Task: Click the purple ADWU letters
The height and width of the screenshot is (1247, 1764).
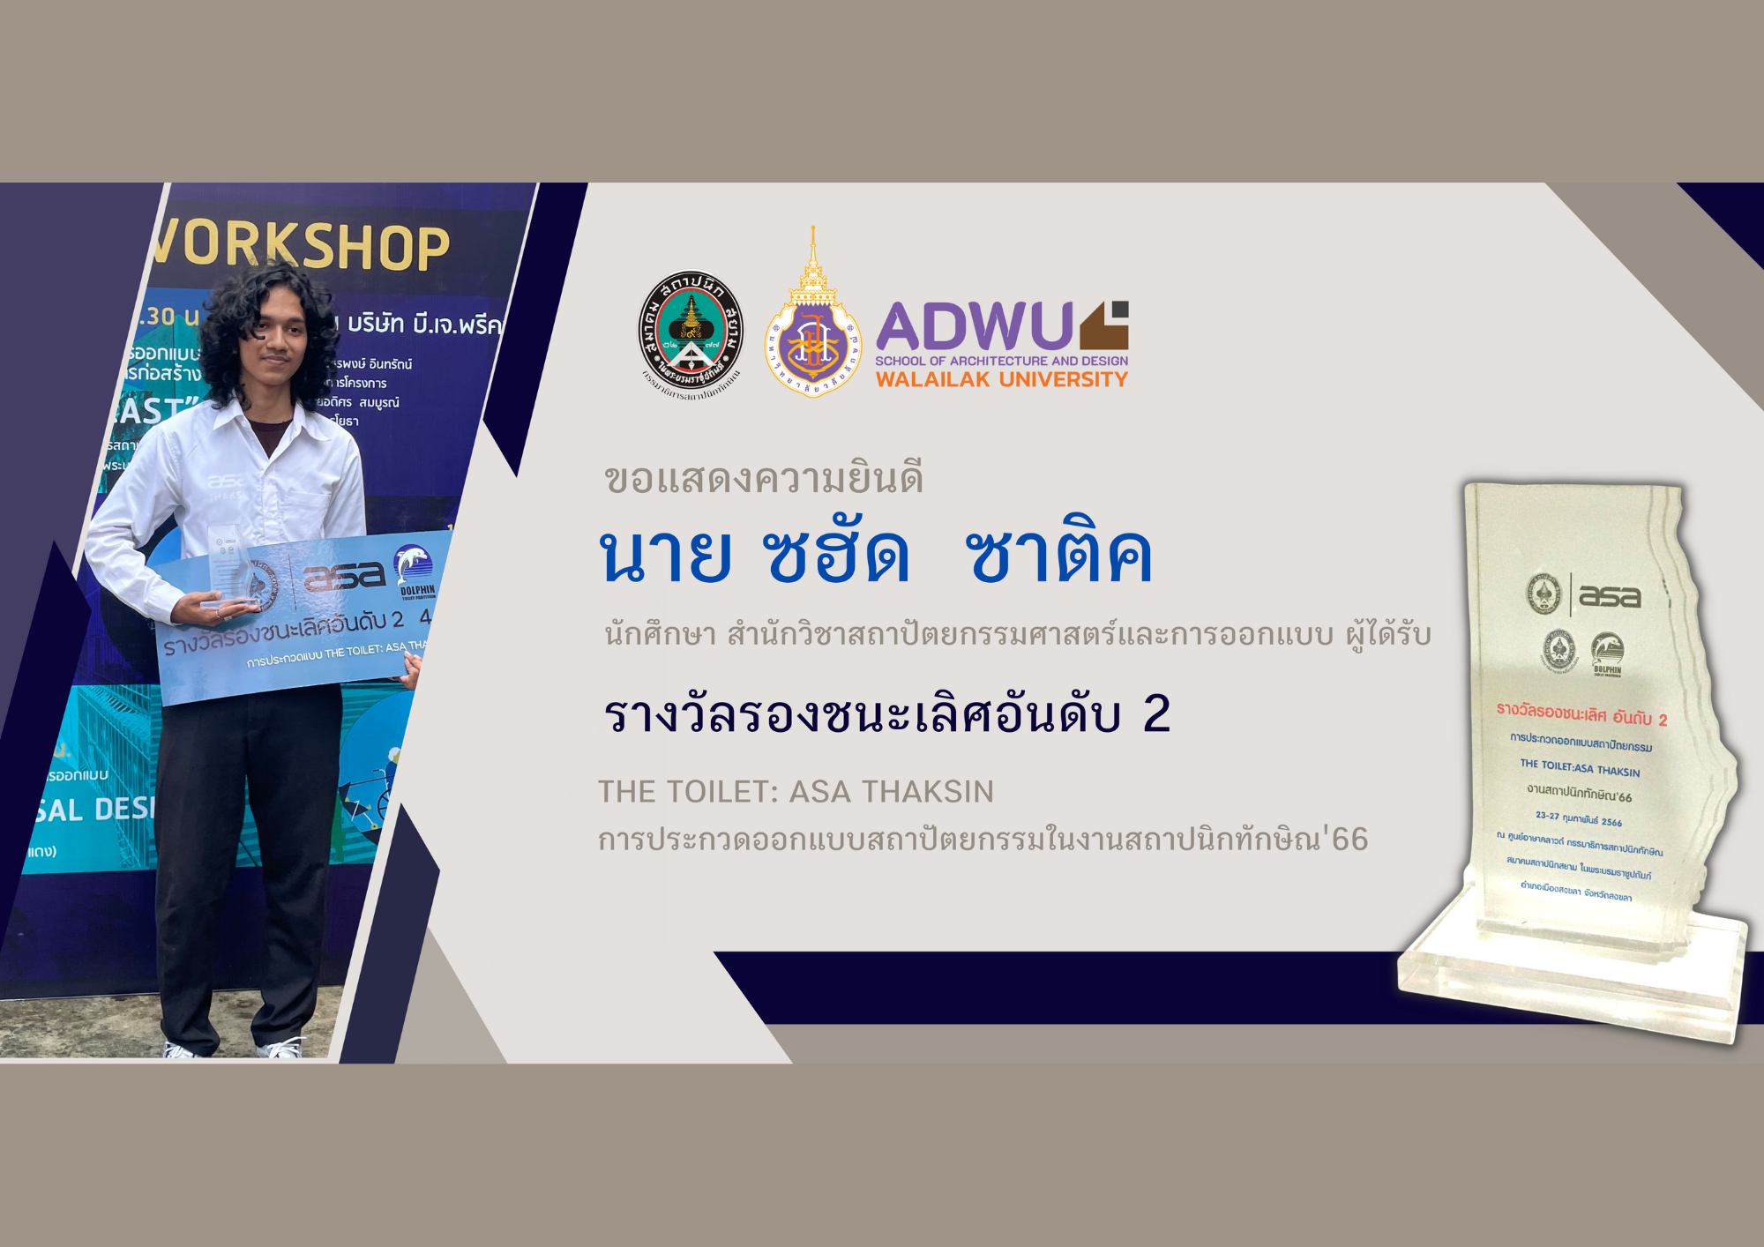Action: point(974,326)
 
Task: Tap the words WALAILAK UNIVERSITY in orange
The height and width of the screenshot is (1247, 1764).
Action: point(1001,380)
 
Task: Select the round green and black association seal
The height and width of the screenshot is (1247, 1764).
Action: point(691,331)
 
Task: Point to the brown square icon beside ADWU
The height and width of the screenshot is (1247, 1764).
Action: point(1105,325)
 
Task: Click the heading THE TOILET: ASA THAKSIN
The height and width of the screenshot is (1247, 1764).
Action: point(796,792)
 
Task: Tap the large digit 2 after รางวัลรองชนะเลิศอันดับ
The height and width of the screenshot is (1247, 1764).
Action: point(1156,713)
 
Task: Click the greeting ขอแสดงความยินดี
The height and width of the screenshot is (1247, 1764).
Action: point(764,479)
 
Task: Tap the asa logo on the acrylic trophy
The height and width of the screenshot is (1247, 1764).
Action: point(1609,597)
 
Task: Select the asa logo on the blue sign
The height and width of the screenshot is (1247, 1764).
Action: point(344,577)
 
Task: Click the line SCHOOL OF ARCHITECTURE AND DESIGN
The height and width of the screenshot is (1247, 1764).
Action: point(1001,361)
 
